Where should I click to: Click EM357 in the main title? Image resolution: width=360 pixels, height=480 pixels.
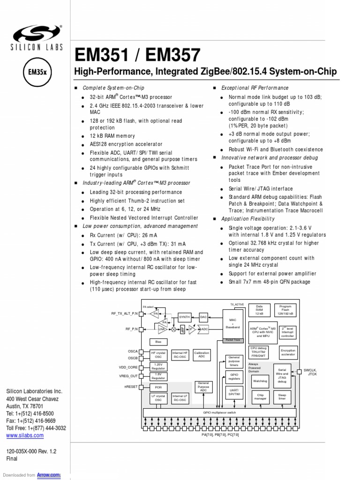pyautogui.click(x=173, y=55)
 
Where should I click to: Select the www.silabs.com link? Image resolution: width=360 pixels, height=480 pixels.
pyautogui.click(x=25, y=435)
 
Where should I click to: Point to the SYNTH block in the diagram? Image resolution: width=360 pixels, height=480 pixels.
pyautogui.click(x=184, y=317)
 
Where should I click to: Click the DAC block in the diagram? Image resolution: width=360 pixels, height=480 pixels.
pyautogui.click(x=203, y=317)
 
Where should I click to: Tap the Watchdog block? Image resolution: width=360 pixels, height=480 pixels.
pyautogui.click(x=260, y=381)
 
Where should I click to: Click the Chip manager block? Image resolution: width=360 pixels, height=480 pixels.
pyautogui.click(x=260, y=397)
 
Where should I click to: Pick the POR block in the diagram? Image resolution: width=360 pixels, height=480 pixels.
pyautogui.click(x=158, y=387)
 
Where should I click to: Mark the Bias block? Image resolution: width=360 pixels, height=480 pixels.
pyautogui.click(x=158, y=342)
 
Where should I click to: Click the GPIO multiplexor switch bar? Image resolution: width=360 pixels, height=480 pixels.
pyautogui.click(x=219, y=412)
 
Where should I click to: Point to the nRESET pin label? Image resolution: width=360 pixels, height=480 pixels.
pyautogui.click(x=131, y=387)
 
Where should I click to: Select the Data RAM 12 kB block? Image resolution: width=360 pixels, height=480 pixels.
pyautogui.click(x=259, y=310)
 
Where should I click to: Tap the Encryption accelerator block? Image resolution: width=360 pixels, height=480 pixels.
pyautogui.click(x=288, y=352)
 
